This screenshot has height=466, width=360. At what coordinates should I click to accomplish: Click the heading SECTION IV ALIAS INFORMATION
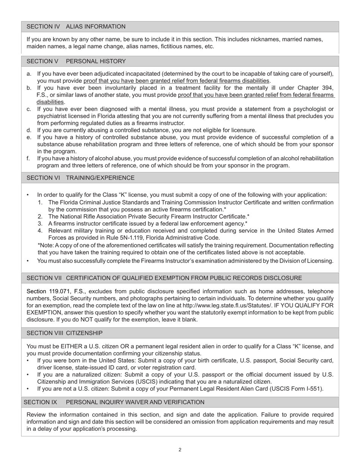pos(76,27)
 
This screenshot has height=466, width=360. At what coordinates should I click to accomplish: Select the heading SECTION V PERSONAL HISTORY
pos(76,61)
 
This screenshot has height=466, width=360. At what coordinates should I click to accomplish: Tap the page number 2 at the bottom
pos(180,450)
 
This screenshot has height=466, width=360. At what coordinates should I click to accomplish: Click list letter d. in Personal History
pos(29,130)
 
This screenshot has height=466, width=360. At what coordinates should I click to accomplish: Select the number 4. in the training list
pos(40,231)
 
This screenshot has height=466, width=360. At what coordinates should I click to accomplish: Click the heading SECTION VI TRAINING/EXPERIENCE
pos(80,178)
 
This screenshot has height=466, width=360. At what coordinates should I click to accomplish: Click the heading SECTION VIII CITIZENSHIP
pos(64,333)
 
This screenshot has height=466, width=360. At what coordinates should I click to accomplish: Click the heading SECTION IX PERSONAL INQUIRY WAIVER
pos(114,402)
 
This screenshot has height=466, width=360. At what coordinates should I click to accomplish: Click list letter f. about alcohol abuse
pos(29,158)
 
